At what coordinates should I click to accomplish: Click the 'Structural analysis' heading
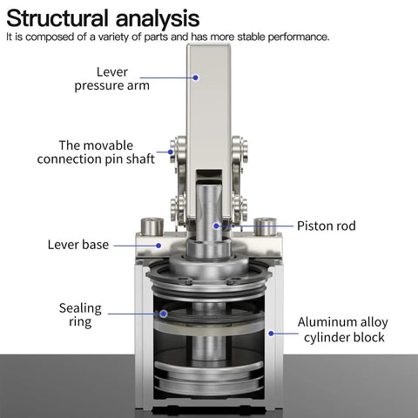(103, 17)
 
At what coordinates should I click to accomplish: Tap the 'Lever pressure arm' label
(136, 78)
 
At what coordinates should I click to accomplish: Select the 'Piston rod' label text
(327, 226)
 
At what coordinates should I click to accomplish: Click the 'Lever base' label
(78, 245)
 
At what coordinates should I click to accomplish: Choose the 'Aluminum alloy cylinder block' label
(342, 330)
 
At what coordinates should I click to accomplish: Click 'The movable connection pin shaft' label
(96, 152)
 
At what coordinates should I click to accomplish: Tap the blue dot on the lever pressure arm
(196, 78)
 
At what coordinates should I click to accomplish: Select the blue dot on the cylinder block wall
(272, 332)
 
